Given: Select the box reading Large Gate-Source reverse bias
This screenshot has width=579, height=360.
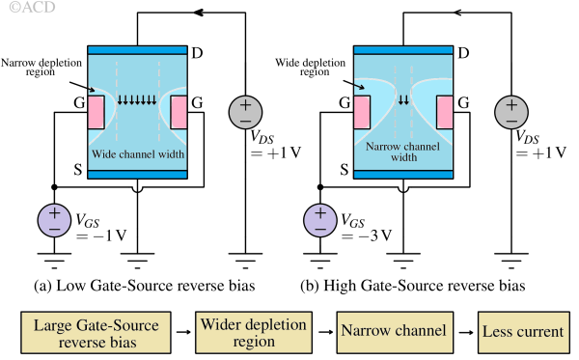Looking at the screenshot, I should coord(96,332).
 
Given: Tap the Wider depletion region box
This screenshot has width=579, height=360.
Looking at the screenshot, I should coord(253,332).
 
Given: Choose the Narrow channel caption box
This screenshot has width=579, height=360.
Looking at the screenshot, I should coord(394,331).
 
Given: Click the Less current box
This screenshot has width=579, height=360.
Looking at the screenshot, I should coord(522,331).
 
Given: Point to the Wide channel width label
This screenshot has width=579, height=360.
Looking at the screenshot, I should coord(138,153).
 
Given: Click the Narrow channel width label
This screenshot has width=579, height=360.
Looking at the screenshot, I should coord(403,152).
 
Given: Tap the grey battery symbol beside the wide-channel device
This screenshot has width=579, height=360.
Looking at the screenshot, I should coord(245,113).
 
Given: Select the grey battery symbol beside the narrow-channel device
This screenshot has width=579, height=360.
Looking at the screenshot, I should coord(511,113).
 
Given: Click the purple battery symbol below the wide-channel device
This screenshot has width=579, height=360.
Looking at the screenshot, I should coord(54,221).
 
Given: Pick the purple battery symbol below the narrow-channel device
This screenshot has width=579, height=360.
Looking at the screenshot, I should coord(320,221).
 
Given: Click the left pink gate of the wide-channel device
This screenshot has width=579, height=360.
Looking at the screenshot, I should coord(96,113).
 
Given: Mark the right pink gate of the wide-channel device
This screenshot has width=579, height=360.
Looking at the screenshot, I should coord(179,113).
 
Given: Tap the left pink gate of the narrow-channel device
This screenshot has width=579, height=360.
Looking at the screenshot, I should coord(363,113).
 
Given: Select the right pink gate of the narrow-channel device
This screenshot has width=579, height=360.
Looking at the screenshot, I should coord(445,113).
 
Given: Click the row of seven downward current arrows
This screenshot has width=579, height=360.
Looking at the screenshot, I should coord(136,99).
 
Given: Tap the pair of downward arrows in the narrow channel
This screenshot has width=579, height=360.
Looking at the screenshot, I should coord(403,99).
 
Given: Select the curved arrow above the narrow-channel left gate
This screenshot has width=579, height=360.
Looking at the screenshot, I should coord(359,87).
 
